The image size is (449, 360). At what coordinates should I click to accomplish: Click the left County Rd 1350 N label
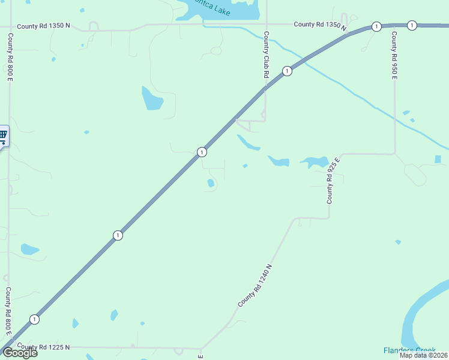(43, 26)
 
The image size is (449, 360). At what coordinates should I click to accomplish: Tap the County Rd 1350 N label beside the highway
(321, 25)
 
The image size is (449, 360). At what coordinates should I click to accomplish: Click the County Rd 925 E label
(333, 179)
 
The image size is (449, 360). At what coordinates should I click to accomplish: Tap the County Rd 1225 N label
(43, 347)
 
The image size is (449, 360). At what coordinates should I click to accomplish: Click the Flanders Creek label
(409, 350)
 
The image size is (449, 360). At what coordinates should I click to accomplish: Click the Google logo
(20, 353)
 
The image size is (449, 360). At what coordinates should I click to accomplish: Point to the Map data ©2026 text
(423, 355)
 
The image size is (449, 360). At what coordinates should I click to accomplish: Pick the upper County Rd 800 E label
(10, 57)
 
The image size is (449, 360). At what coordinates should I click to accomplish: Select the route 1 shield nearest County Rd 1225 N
(35, 319)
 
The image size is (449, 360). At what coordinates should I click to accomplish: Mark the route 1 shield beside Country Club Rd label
(288, 71)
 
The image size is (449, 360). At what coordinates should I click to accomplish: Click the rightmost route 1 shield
(412, 25)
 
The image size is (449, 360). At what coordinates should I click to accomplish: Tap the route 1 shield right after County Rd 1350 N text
(376, 26)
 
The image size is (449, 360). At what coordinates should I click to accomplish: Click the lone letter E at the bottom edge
(200, 356)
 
